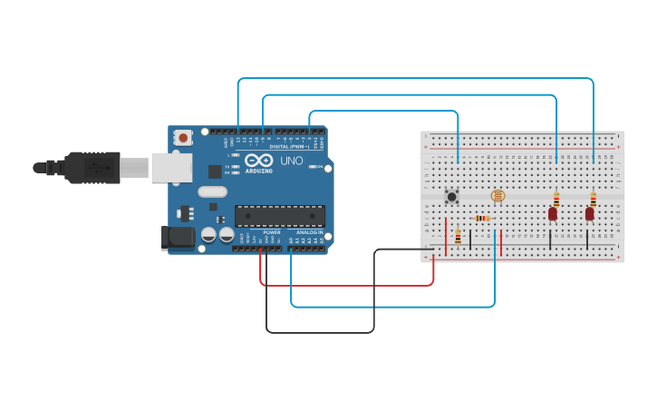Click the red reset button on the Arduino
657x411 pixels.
[x=184, y=138]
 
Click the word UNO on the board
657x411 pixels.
[x=292, y=161]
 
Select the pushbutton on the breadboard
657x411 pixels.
[x=451, y=196]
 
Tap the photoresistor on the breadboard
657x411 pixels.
[x=498, y=195]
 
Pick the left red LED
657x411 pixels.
[x=553, y=213]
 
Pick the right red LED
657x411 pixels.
[x=589, y=213]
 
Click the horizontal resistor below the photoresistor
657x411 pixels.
[x=482, y=218]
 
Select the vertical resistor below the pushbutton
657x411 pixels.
[x=458, y=237]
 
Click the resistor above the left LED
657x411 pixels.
[x=556, y=199]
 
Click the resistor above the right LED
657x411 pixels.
[x=594, y=199]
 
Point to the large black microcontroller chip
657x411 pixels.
[x=280, y=216]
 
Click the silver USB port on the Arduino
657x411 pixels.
[x=171, y=168]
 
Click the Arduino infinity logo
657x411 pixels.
[x=257, y=161]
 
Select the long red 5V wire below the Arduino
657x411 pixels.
[x=349, y=285]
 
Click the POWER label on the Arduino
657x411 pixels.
[x=272, y=232]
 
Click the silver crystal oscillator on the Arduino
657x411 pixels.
[x=212, y=191]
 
